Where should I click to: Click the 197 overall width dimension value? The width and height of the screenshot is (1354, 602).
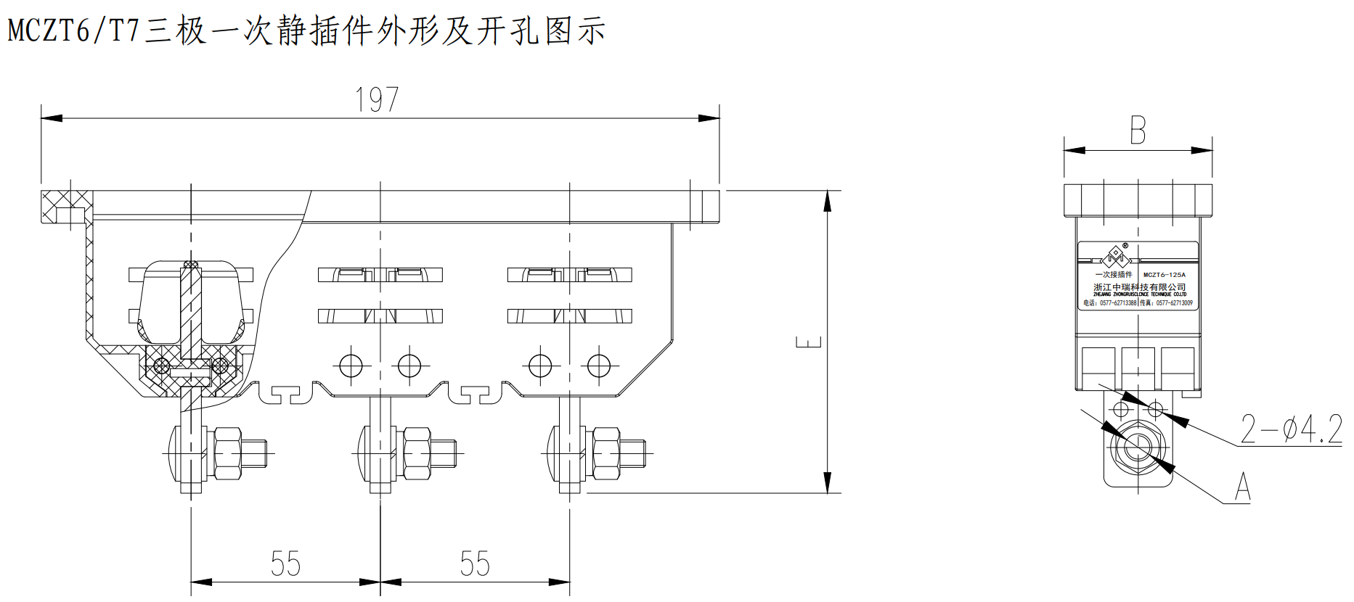tap(377, 99)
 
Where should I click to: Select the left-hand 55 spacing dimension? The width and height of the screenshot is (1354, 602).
tap(285, 564)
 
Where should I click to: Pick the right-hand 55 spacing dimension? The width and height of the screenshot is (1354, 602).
tap(475, 564)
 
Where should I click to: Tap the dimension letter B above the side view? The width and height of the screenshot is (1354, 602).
tap(1138, 131)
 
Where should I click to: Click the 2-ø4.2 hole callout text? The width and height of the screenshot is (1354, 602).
tap(1291, 429)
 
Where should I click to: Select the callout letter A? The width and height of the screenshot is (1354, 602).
tap(1243, 487)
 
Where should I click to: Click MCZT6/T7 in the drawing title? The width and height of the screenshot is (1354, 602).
tap(73, 31)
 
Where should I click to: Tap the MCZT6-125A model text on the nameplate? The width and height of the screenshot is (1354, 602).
tap(1164, 275)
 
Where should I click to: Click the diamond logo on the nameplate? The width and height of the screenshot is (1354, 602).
tap(1114, 256)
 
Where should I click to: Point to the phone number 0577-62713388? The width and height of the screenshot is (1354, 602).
tap(1117, 303)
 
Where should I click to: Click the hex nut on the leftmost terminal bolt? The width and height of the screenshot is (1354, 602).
tap(227, 453)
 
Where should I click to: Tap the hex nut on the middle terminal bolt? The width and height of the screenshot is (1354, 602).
tap(417, 453)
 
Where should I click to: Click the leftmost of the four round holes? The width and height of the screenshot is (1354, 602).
tap(351, 365)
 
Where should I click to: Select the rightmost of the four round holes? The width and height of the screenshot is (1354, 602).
tap(599, 365)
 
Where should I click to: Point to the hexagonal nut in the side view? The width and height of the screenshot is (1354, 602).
tap(1136, 445)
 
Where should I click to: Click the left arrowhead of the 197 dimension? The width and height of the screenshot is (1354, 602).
tap(49, 117)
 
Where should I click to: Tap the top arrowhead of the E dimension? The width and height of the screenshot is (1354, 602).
tap(827, 200)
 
